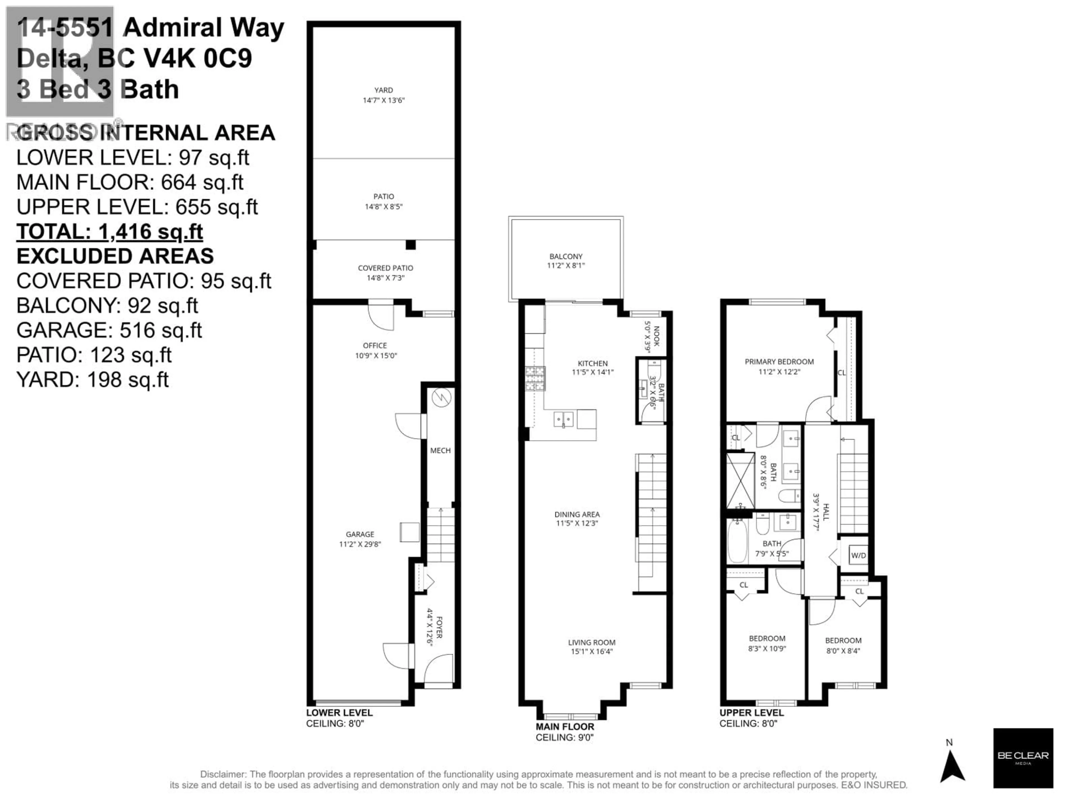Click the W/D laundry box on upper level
(858, 555)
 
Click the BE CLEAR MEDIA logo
(1023, 758)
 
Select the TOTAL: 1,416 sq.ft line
(110, 232)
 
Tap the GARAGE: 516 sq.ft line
(109, 330)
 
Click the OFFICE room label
(375, 345)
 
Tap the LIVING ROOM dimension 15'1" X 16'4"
(591, 651)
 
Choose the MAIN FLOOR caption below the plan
(565, 727)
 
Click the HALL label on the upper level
(826, 512)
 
